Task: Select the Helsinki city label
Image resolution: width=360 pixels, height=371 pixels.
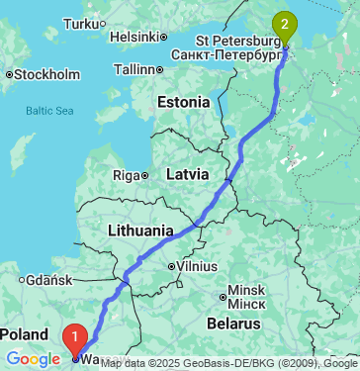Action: pos(135,37)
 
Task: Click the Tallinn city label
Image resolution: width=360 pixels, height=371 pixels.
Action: pos(135,69)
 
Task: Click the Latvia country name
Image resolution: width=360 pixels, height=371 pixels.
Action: pos(187,173)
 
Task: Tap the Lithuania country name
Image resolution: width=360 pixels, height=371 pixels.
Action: pos(139,231)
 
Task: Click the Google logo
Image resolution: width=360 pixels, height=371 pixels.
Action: pos(33,359)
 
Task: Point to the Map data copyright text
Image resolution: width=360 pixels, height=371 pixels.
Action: pos(227,363)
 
